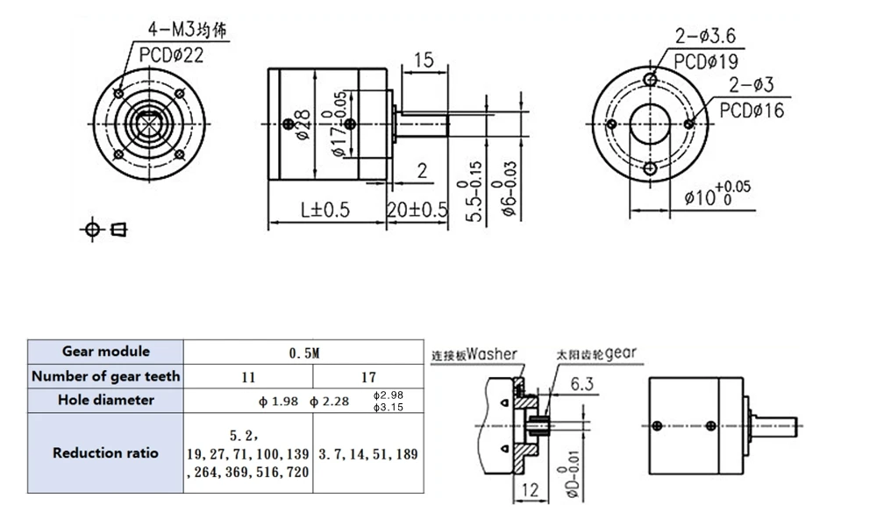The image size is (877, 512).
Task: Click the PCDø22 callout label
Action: tap(172, 55)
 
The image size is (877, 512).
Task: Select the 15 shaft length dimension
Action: tap(424, 60)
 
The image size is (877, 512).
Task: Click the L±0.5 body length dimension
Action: tap(325, 210)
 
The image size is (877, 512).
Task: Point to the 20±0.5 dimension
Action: tap(417, 210)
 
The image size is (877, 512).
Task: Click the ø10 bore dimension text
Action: tap(717, 196)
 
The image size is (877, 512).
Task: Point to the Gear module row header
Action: tap(106, 352)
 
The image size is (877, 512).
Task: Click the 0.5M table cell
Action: tap(305, 352)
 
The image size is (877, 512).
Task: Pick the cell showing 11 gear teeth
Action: tap(248, 376)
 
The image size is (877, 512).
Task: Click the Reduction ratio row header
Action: tap(106, 453)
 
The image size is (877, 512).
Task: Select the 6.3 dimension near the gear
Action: tap(583, 384)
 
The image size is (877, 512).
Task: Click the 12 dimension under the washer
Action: tap(530, 489)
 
